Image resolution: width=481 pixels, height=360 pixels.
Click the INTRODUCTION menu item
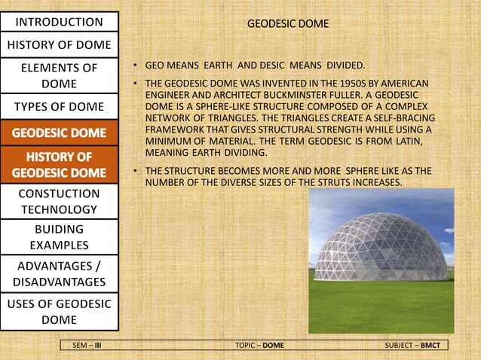pos(59,20)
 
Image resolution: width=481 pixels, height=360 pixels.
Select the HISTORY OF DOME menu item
pos(59,44)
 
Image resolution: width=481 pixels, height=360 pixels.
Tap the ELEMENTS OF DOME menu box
pos(59,75)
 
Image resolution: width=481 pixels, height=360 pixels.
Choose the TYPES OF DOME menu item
pos(59,105)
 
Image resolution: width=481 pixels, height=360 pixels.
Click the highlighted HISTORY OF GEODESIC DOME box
pos(59,165)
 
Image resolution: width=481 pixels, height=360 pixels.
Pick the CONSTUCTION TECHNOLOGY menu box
pos(59,201)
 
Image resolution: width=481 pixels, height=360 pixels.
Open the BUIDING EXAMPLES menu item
pos(59,236)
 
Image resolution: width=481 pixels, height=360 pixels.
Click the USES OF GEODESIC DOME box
pos(59,312)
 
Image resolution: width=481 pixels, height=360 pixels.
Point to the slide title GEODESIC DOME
pos(289,24)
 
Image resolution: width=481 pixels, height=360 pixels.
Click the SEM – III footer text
pos(87,345)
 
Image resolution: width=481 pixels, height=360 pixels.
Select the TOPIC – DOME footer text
pos(259,345)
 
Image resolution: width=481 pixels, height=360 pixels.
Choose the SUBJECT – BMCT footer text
pos(414,345)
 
